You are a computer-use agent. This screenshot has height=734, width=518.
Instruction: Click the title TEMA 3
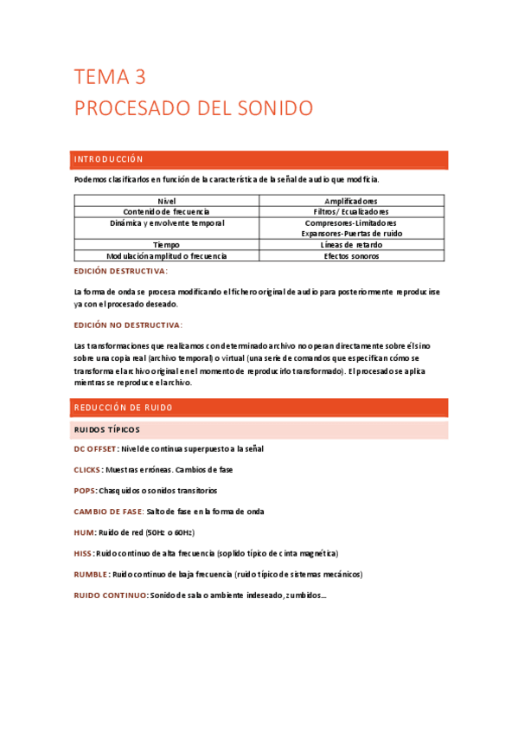[x=109, y=78]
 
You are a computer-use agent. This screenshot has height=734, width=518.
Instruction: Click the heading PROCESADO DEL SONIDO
[x=193, y=109]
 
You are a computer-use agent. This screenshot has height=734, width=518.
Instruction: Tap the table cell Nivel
[x=166, y=200]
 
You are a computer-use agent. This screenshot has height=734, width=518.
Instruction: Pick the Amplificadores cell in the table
[x=351, y=200]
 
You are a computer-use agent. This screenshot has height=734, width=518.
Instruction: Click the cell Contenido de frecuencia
[x=166, y=211]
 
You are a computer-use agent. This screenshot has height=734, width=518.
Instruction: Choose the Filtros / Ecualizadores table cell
[x=351, y=211]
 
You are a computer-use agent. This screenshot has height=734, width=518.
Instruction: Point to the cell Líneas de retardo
[x=351, y=245]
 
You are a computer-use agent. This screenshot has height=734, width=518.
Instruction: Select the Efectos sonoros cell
[x=351, y=256]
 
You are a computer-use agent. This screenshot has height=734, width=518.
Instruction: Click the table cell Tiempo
[x=166, y=245]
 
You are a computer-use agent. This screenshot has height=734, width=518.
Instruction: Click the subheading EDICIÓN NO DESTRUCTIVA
[x=128, y=325]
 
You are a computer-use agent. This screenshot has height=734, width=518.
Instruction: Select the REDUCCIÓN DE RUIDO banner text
[x=124, y=408]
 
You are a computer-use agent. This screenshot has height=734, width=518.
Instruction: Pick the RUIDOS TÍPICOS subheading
[x=107, y=429]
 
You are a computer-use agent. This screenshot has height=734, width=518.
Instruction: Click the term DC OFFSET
[x=95, y=449]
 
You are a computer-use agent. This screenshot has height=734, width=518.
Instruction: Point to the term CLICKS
[x=87, y=470]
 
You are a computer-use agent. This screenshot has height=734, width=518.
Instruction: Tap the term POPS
[x=84, y=491]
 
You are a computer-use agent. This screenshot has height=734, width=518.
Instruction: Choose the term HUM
[x=83, y=532]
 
